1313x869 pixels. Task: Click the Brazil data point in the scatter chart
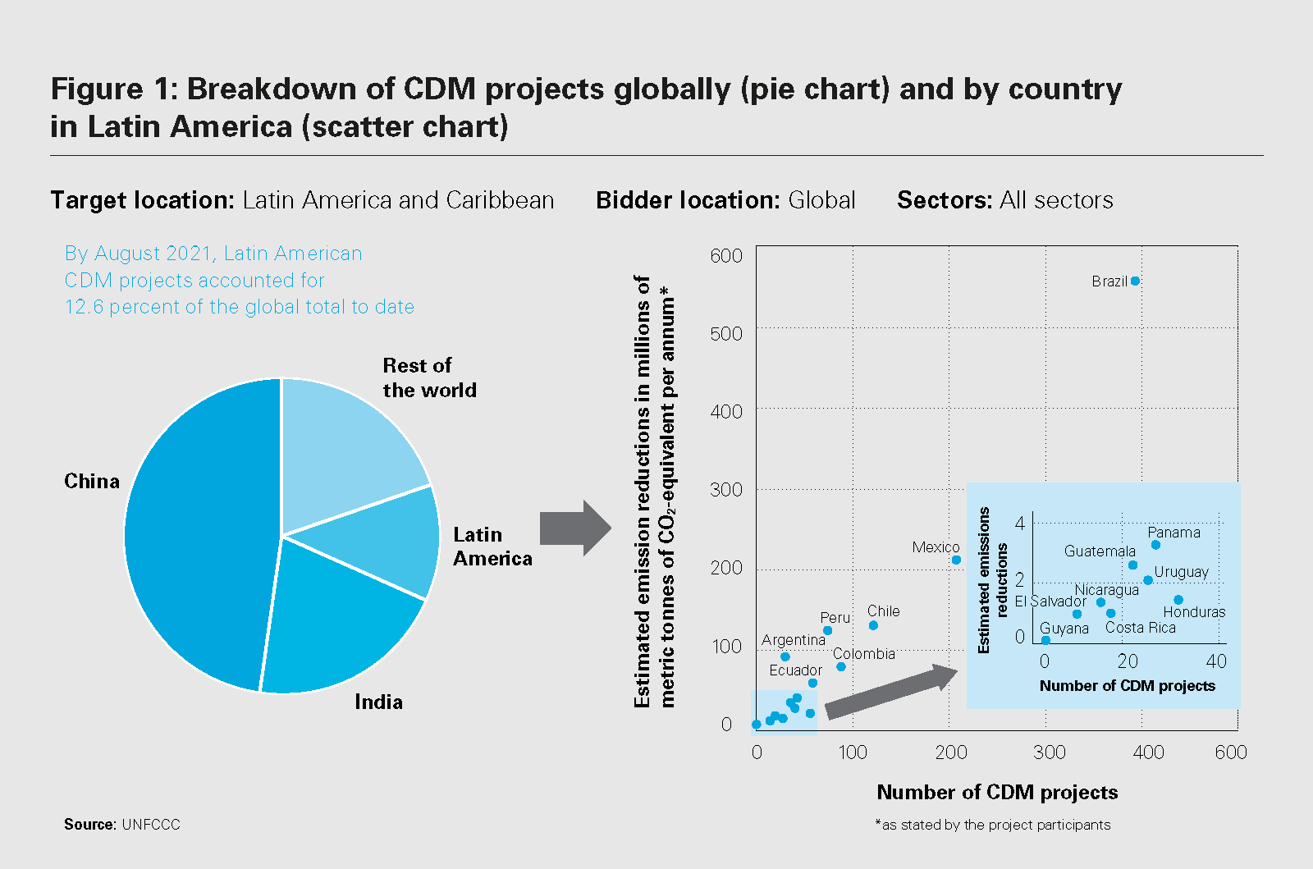tap(1135, 281)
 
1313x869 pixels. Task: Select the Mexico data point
tap(956, 560)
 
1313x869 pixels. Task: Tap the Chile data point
tap(873, 625)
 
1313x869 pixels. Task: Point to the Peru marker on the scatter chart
tap(827, 630)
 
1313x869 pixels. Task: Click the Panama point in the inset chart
tap(1155, 545)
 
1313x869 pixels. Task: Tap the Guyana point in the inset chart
tap(1045, 640)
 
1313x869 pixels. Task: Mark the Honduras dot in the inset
tap(1178, 600)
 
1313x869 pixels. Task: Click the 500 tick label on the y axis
tap(726, 334)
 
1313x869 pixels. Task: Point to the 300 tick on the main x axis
tap(1049, 752)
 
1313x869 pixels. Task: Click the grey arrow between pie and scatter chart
tap(574, 528)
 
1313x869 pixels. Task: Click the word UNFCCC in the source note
tap(151, 825)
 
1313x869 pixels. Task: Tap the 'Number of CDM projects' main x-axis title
tap(997, 792)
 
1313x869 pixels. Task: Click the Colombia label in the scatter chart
tap(863, 654)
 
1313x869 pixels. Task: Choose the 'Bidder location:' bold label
tap(688, 200)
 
